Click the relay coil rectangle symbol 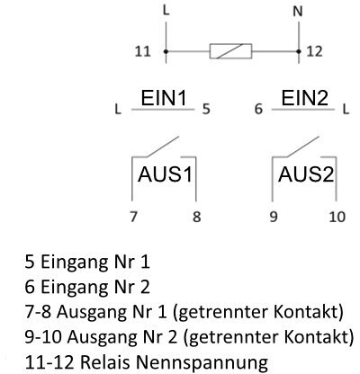(x=230, y=51)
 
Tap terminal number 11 (x=142, y=51)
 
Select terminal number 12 (x=314, y=51)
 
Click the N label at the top (x=298, y=12)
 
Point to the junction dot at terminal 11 (x=166, y=51)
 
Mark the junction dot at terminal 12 (x=299, y=51)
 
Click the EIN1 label (x=164, y=98)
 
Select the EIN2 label (x=305, y=98)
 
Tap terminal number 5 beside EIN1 (x=206, y=109)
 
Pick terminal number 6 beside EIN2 (x=258, y=109)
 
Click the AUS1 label (x=165, y=174)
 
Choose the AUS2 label (x=306, y=174)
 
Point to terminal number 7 (x=133, y=217)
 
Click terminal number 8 (x=196, y=217)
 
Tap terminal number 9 (x=274, y=217)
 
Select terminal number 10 (x=337, y=217)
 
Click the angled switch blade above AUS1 (x=162, y=147)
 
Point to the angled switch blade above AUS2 (x=302, y=147)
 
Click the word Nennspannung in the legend (x=202, y=362)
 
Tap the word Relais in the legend (x=106, y=361)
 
